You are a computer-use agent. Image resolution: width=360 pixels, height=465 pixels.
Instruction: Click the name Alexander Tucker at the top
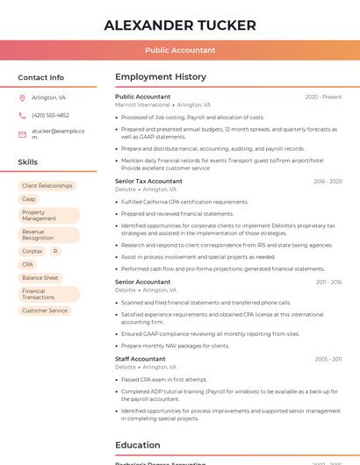180,25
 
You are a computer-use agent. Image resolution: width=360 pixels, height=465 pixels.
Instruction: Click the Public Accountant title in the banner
180,51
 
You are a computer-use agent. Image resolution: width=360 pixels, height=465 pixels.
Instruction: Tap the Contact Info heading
41,77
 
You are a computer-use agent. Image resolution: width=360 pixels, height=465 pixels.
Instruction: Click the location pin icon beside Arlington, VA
22,97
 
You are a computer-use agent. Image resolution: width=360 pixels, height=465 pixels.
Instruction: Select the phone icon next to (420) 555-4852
22,115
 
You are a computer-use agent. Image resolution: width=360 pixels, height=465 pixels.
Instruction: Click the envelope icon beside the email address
22,134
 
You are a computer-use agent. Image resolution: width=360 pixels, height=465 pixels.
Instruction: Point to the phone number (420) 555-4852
50,115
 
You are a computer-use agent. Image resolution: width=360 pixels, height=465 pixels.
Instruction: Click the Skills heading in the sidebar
28,162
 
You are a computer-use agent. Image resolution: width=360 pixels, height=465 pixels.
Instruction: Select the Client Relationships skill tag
47,186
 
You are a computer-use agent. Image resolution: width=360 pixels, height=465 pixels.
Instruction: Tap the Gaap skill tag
29,199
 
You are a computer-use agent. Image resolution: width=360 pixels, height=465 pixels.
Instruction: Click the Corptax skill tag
32,251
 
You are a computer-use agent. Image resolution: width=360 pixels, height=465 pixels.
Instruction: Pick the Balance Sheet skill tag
40,277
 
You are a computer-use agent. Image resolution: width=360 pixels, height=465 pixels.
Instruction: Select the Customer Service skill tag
45,311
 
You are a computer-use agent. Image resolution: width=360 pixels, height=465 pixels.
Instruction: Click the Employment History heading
161,77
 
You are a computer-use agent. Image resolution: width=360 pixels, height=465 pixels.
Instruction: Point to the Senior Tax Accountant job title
148,181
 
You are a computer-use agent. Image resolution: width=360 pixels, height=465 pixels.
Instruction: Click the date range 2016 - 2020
328,182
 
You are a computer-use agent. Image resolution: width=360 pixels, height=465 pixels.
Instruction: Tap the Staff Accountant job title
140,359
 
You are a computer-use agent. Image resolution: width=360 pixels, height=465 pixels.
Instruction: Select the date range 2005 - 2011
328,359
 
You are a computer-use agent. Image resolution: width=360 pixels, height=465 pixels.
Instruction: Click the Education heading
138,445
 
